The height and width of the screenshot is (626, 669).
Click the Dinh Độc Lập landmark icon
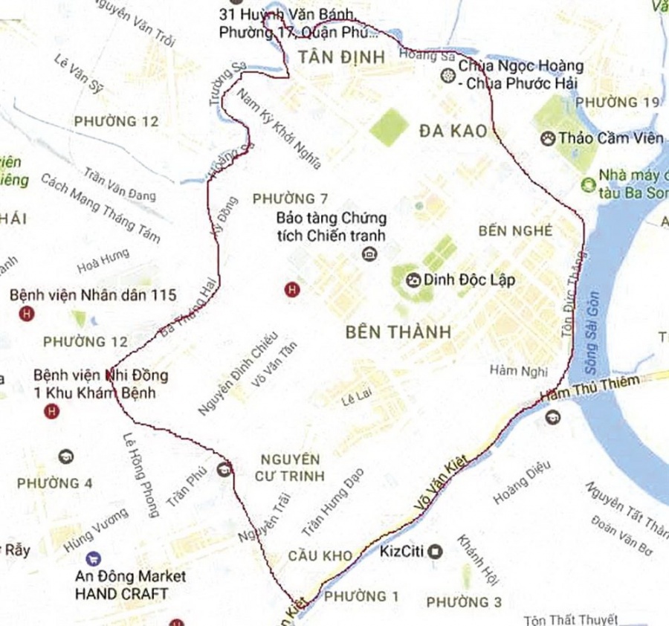coord(413,281)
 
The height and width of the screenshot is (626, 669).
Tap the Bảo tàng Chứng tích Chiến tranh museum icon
coord(368,254)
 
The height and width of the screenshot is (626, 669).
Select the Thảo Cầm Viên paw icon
coord(549,138)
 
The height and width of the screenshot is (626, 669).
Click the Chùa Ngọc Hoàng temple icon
coord(447,75)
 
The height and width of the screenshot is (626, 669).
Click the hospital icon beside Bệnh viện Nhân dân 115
coord(28,314)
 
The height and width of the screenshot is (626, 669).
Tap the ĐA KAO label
coord(453,132)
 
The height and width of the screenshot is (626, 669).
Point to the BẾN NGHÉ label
coord(516,230)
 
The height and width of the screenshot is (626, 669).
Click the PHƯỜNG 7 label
coord(290,199)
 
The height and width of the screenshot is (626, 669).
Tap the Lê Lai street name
coord(355,399)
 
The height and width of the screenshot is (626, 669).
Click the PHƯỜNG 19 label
coord(617,102)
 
